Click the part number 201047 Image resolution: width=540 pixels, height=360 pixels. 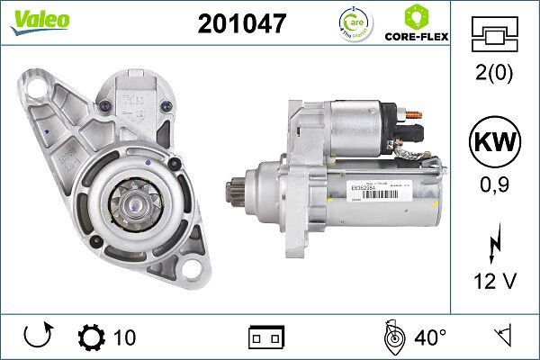(241, 24)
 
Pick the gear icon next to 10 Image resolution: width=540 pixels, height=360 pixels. (93, 337)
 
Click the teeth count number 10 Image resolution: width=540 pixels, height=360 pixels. (125, 337)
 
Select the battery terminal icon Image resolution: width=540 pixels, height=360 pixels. (266, 337)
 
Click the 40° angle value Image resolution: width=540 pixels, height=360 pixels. (430, 337)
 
